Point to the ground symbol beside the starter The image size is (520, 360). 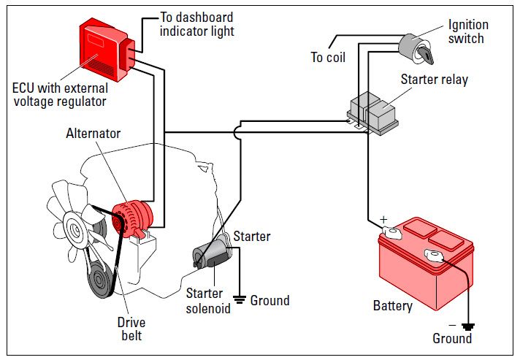point(238,298)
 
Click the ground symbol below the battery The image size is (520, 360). point(467,326)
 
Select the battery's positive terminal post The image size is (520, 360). point(391,232)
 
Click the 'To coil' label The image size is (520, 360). point(328,58)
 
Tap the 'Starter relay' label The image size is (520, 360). point(435,79)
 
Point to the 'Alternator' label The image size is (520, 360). point(93,134)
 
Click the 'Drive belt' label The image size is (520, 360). point(131,329)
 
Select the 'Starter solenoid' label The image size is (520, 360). point(207,301)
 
